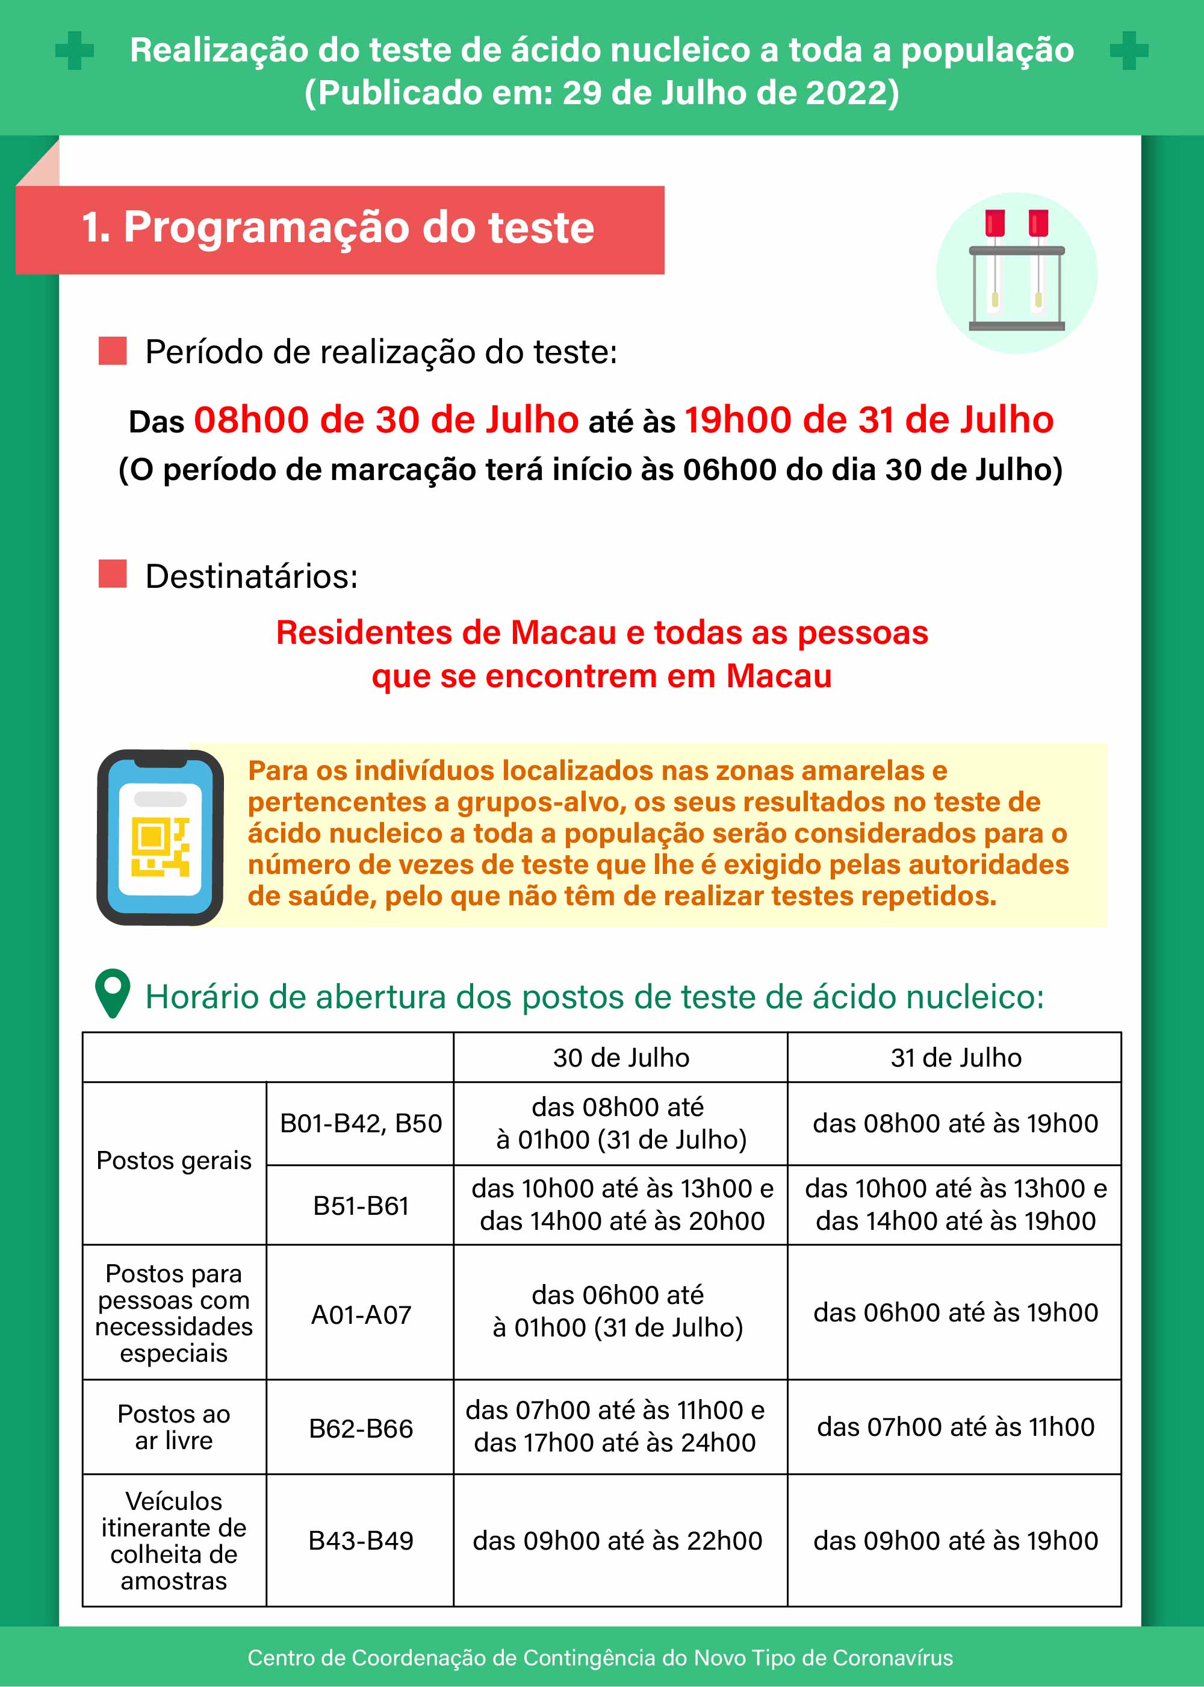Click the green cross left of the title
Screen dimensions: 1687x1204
tap(75, 51)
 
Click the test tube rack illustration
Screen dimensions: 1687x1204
tap(1016, 273)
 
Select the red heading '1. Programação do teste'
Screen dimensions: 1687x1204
tap(339, 227)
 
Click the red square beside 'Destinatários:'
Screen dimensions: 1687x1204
tap(113, 574)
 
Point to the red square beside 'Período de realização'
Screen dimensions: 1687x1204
tap(113, 351)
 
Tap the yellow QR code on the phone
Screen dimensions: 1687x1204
tap(160, 847)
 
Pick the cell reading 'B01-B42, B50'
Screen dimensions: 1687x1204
tap(361, 1123)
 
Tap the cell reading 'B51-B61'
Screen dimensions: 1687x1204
tap(361, 1206)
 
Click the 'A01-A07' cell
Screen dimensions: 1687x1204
tap(361, 1315)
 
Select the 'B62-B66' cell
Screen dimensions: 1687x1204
tap(361, 1428)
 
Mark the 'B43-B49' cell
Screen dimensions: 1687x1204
tap(361, 1540)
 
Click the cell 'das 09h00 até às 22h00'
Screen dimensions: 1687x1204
tap(617, 1540)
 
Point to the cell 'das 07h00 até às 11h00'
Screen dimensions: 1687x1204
tap(955, 1427)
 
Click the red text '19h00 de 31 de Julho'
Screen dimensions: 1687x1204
tap(868, 420)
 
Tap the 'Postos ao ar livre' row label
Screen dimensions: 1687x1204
tap(174, 1427)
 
